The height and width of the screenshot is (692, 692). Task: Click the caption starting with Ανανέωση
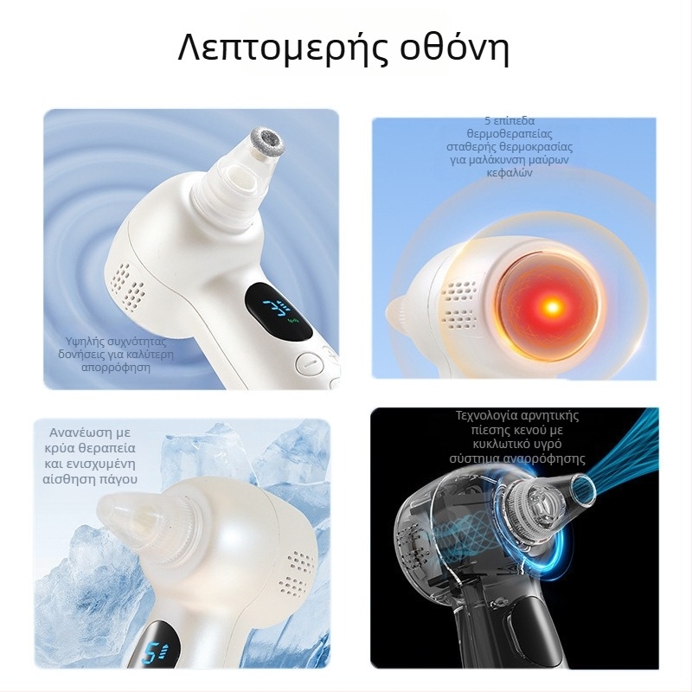tap(88, 455)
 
